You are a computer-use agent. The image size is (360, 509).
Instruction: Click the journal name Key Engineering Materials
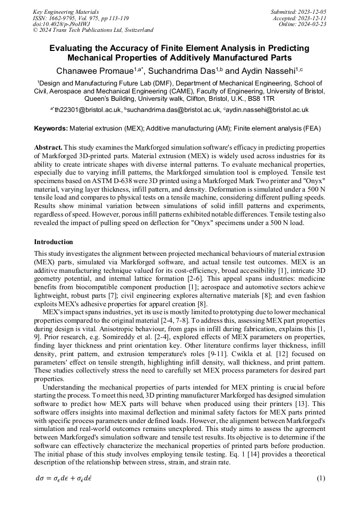66,12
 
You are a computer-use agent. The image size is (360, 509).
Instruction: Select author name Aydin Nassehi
265,70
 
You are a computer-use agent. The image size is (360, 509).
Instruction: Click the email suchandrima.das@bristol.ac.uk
173,110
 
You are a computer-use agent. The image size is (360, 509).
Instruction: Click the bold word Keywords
51,128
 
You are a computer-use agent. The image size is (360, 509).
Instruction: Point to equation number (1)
321,478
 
